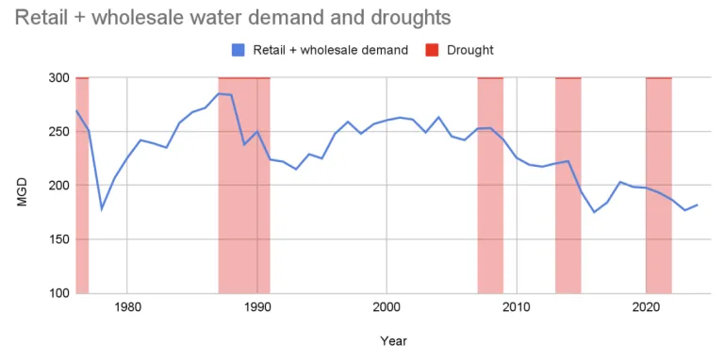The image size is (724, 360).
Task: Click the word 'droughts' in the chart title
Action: (410, 17)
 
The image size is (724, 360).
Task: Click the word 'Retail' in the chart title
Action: (41, 17)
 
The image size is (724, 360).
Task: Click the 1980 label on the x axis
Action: (127, 307)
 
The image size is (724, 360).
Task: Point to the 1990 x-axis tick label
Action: (256, 307)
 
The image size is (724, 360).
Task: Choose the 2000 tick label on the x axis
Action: (387, 307)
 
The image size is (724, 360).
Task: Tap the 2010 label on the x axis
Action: (516, 307)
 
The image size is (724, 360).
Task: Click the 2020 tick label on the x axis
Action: (646, 307)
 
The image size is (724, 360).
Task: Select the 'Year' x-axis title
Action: (393, 340)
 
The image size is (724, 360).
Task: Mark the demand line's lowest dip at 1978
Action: (102, 208)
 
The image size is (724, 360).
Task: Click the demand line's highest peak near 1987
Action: (219, 93)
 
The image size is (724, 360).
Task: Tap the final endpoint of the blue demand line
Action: (698, 205)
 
